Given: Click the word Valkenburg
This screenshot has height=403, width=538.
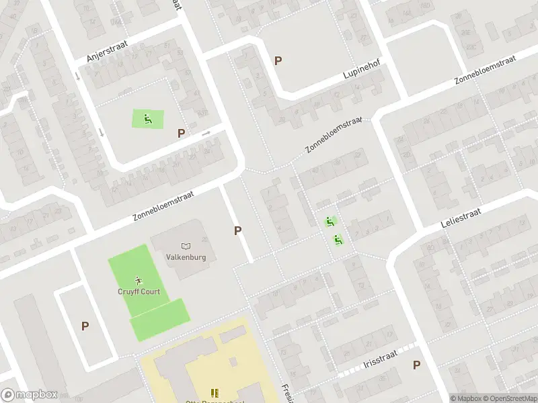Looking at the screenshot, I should point(186,257).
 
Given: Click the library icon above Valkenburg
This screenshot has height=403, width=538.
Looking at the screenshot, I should point(186,247).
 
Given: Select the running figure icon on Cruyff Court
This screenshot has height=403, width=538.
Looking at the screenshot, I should point(139,280).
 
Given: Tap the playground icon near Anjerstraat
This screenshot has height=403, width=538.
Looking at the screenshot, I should point(148,120).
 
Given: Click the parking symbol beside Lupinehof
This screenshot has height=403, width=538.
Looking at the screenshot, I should point(278,61).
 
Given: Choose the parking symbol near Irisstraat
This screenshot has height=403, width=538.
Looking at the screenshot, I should point(416,365).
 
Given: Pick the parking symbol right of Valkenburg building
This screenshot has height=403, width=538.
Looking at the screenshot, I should point(237,230).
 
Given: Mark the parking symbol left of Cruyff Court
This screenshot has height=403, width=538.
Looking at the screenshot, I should point(85,326).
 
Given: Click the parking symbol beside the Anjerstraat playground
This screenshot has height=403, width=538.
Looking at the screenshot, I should point(181,133).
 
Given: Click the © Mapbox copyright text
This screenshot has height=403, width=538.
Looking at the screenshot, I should point(466,398).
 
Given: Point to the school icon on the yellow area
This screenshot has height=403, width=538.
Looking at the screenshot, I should point(215,393).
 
